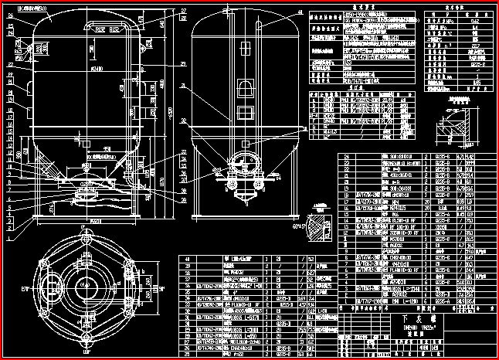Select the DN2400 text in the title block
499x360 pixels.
tap(409, 327)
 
